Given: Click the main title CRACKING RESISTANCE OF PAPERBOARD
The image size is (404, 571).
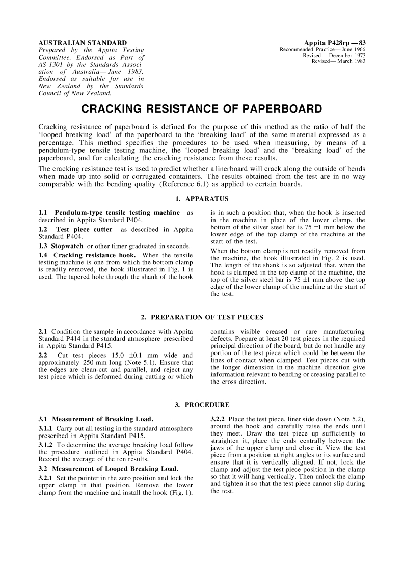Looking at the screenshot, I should coord(202,109).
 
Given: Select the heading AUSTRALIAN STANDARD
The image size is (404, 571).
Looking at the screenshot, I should coord(83,42).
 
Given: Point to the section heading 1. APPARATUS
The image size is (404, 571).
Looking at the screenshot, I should coord(202,198).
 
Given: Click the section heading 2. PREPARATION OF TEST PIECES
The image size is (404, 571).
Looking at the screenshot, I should coord(202,318).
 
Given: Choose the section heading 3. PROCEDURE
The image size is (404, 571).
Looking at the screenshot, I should coord(202,405).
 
